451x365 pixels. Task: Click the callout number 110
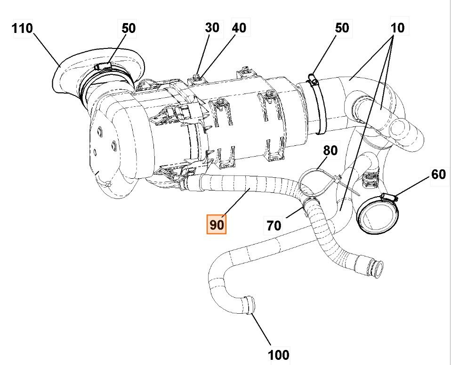coord(23,28)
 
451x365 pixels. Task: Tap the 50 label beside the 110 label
coord(129,28)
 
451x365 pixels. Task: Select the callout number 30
coord(212,27)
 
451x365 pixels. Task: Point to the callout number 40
coord(239,28)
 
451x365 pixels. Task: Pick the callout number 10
coord(397,28)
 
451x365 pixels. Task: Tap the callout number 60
coord(438,175)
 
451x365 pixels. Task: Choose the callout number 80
coord(330,151)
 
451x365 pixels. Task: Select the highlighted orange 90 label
coord(217,224)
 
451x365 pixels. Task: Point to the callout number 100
coord(279,354)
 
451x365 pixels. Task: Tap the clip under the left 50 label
coord(104,66)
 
